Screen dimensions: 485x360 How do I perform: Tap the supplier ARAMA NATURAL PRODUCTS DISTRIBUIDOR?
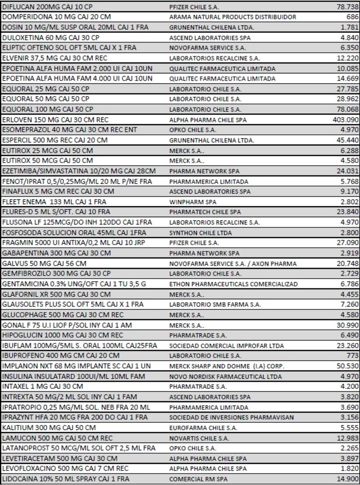tap(232, 17)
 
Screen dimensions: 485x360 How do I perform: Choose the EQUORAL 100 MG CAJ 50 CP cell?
tap(47, 109)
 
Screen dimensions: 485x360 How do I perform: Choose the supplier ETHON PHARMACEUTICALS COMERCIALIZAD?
tap(233, 284)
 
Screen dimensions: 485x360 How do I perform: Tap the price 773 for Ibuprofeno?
tap(352, 356)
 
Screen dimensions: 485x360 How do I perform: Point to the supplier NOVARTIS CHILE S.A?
tap(199, 438)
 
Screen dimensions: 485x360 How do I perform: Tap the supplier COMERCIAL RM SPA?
tap(196, 479)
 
